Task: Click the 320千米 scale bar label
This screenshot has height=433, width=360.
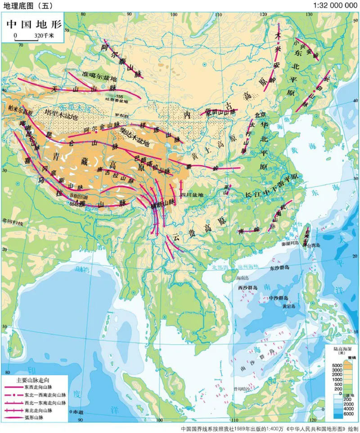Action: (43, 35)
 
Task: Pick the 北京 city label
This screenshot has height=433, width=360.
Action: (261, 114)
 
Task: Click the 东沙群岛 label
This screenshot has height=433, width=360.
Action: (279, 268)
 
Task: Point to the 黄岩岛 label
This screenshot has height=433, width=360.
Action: (289, 306)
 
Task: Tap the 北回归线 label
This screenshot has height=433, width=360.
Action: (12, 221)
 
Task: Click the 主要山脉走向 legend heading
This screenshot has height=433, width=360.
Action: (34, 379)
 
